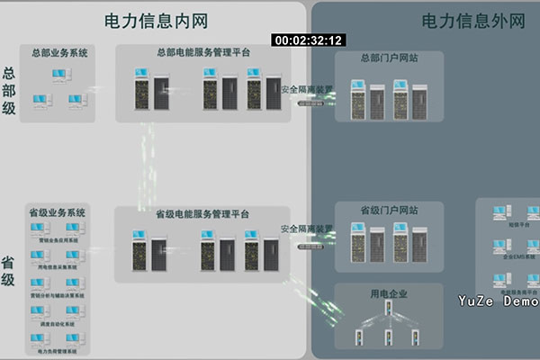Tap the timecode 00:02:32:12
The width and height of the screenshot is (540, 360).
309,40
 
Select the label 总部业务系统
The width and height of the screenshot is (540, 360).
59,53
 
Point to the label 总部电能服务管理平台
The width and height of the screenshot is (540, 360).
203,53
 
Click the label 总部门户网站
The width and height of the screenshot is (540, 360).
388,58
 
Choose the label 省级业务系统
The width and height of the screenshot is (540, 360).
57,212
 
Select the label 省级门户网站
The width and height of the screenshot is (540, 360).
388,210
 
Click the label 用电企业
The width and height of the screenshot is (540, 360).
388,292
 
